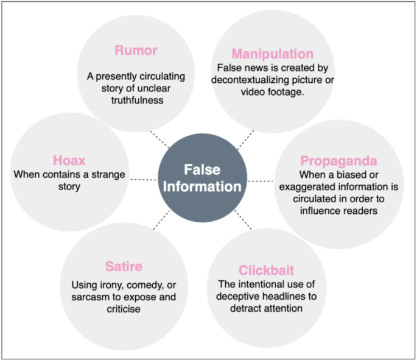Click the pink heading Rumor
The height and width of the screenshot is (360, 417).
pos(136,51)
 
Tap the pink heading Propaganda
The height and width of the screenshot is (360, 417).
pos(338,161)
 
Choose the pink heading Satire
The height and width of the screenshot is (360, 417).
pos(124,266)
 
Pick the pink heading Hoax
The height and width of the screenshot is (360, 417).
pos(68,161)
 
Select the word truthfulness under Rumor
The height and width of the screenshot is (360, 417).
pos(136,100)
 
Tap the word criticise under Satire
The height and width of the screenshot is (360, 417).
pos(124,309)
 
